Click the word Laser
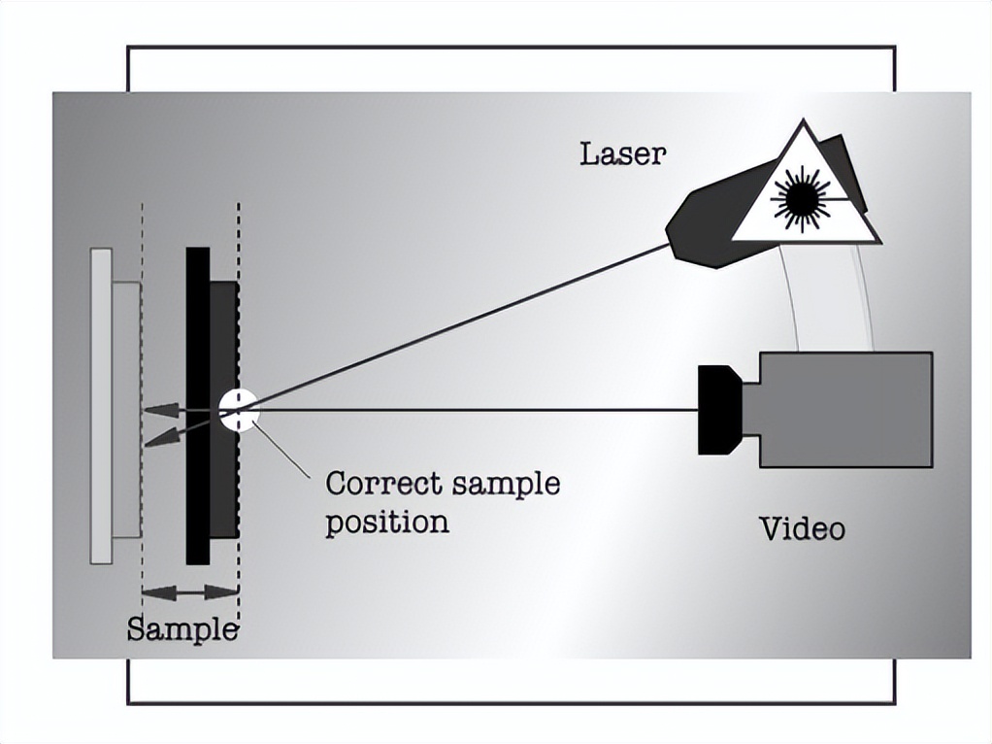[622, 153]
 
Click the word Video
[801, 528]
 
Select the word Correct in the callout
[378, 483]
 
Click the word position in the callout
[386, 523]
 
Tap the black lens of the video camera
[717, 409]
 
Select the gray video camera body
[844, 409]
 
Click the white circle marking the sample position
[239, 409]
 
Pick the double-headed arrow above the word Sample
[190, 592]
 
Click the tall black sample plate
[197, 405]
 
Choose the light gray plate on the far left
[101, 405]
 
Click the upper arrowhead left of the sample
[161, 410]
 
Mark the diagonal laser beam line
[456, 325]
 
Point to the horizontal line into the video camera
[476, 410]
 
